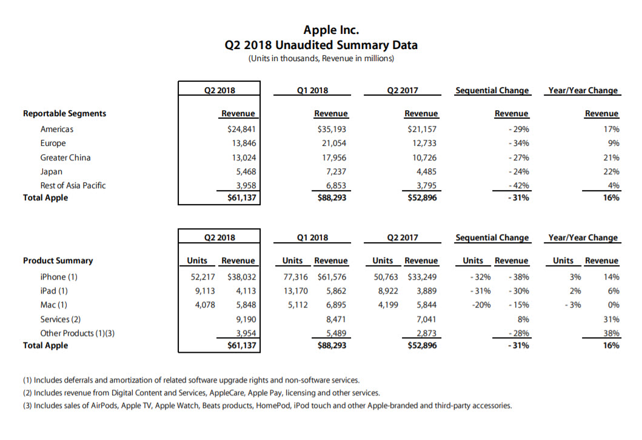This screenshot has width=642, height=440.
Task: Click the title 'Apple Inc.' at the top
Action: pyautogui.click(x=321, y=30)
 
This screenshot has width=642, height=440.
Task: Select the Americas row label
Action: pyautogui.click(x=57, y=129)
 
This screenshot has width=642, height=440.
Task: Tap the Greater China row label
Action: pyautogui.click(x=65, y=157)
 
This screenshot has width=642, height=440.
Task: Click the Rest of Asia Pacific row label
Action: pyautogui.click(x=73, y=185)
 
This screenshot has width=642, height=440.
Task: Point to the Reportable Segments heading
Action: pyautogui.click(x=64, y=113)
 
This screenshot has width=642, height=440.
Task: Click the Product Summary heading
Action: pyautogui.click(x=58, y=261)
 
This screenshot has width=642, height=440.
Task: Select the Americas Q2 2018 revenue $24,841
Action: pyautogui.click(x=241, y=129)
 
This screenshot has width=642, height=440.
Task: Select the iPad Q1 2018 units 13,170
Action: pyautogui.click(x=295, y=291)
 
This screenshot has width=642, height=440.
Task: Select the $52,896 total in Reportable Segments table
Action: pyautogui.click(x=422, y=198)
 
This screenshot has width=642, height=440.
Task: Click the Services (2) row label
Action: pyautogui.click(x=61, y=319)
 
